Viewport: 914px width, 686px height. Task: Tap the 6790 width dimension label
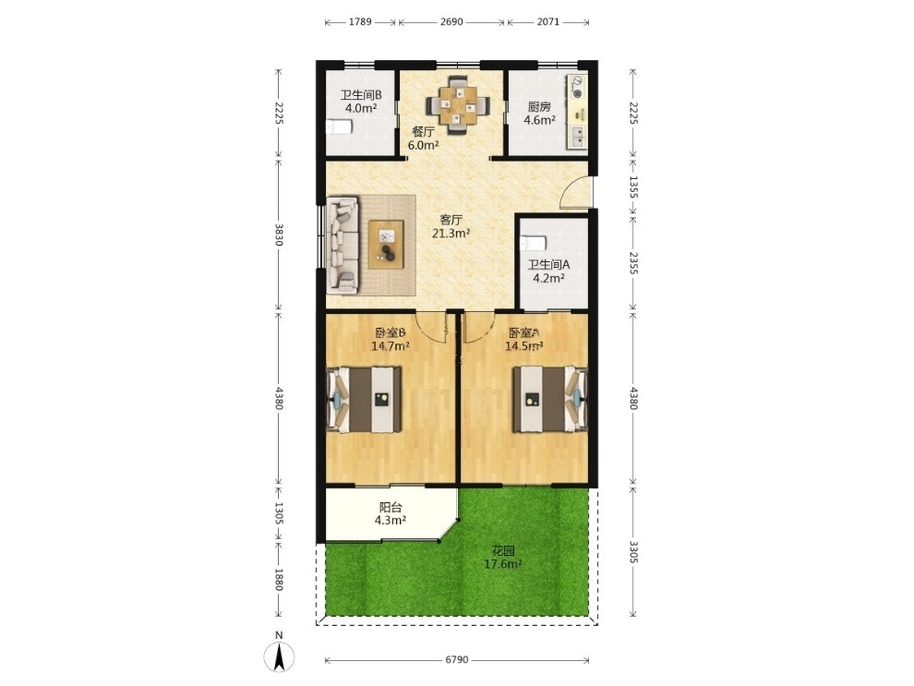click(457, 659)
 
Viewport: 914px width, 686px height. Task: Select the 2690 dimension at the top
click(451, 22)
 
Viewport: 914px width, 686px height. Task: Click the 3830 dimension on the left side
click(279, 235)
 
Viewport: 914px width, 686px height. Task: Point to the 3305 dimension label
click(633, 552)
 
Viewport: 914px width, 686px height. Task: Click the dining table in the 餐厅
click(458, 105)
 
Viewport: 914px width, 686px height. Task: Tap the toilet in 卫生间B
click(339, 126)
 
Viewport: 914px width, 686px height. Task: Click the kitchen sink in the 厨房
click(578, 137)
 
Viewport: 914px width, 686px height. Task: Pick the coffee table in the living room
click(386, 245)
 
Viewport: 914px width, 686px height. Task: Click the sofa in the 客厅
click(343, 245)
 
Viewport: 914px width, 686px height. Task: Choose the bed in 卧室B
click(365, 399)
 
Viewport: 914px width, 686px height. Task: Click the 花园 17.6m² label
click(503, 557)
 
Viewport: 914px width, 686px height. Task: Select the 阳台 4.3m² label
click(390, 513)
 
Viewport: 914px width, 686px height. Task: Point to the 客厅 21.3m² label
click(451, 227)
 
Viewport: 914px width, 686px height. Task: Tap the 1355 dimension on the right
click(633, 187)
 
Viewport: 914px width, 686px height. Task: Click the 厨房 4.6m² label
click(539, 114)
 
